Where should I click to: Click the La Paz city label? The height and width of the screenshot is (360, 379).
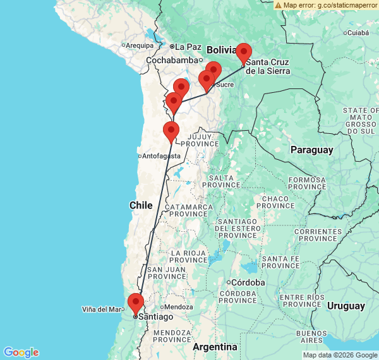coord(188,46)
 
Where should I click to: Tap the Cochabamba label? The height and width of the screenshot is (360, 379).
coord(172,60)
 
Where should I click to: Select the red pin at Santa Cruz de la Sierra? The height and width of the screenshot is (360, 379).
coord(243,54)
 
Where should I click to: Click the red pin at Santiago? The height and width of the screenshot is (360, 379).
coord(135,304)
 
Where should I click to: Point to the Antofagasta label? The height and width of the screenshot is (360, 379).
coord(162,156)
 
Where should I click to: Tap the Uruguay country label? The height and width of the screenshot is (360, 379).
coord(346,306)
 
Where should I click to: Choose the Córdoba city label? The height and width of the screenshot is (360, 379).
coord(248,282)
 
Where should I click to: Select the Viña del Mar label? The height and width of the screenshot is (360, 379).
coord(101,309)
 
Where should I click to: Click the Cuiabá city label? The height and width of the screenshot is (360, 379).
coord(358,32)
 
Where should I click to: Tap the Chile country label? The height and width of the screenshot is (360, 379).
coord(141,205)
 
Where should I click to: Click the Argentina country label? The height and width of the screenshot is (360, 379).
coord(215,347)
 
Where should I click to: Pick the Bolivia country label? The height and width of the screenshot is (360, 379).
coord(221,49)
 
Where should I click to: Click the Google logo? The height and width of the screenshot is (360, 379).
coord(21,352)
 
